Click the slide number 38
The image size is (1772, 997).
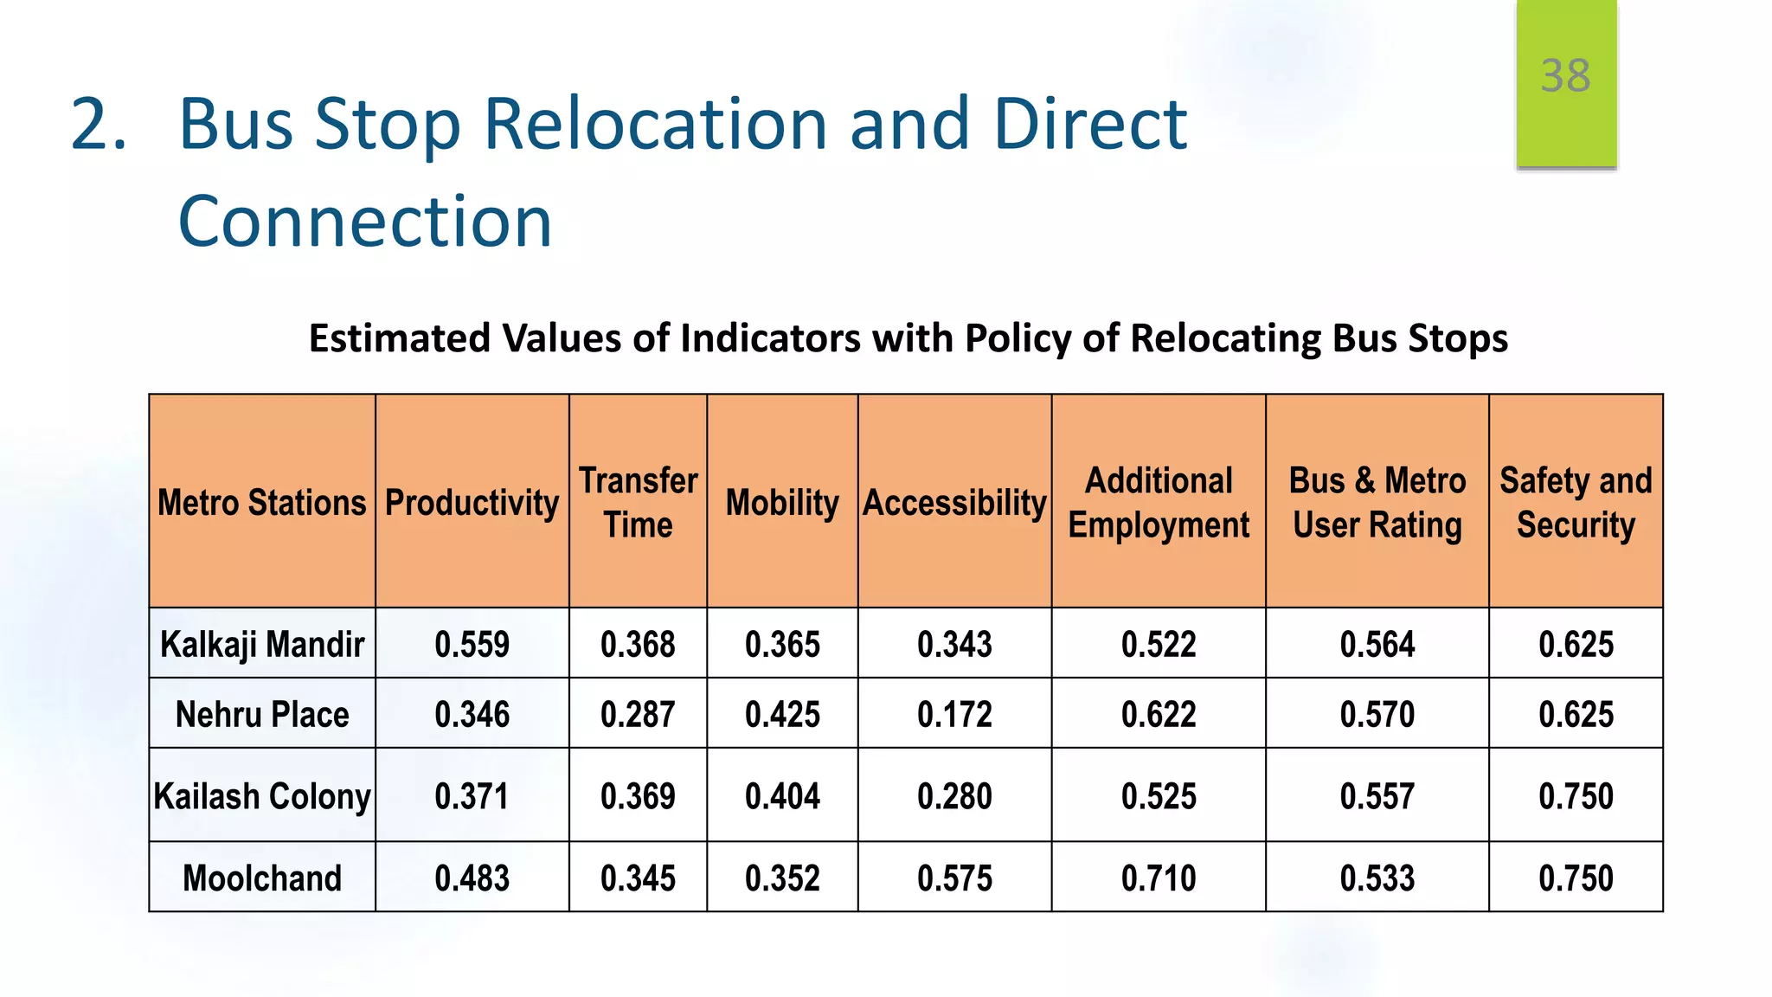tap(1565, 76)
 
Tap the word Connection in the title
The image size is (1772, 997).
tap(364, 222)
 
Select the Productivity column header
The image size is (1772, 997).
tap(472, 503)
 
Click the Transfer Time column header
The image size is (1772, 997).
tap(638, 503)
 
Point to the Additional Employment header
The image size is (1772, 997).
tap(1159, 503)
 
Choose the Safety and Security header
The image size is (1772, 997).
tap(1576, 503)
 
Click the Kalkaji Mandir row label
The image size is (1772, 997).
tap(262, 645)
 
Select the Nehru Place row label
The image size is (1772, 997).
tap(262, 715)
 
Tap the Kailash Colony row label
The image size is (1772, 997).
tap(262, 796)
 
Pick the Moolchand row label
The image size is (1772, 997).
tap(262, 878)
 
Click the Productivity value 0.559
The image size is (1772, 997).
tap(472, 645)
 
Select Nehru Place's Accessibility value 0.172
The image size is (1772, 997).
tap(954, 715)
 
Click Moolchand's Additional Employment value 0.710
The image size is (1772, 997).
tap(1159, 878)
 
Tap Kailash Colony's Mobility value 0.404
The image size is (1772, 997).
tap(782, 796)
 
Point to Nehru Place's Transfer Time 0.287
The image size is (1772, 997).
tap(638, 715)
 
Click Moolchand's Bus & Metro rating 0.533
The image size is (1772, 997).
tap(1377, 878)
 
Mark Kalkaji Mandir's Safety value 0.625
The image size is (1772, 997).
tap(1576, 645)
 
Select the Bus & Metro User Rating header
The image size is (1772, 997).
tap(1377, 503)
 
